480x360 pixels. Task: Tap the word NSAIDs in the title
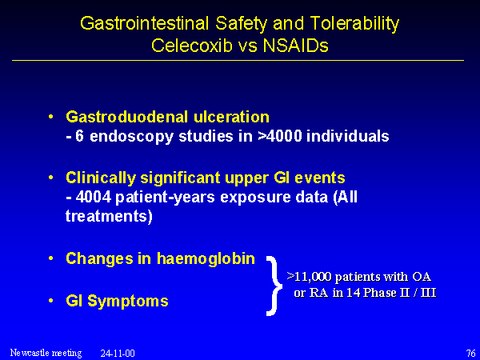click(x=295, y=46)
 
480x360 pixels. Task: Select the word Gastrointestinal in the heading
click(x=145, y=23)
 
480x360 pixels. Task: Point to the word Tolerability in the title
click(x=354, y=24)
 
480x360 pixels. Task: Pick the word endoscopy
click(x=132, y=137)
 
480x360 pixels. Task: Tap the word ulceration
click(x=231, y=117)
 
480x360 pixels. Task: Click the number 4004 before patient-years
click(x=94, y=198)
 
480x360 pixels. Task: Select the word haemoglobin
click(x=206, y=258)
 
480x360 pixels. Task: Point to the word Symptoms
click(x=128, y=302)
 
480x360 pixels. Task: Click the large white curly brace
click(x=274, y=286)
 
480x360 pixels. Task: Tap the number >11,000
click(x=309, y=277)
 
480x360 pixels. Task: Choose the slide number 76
click(x=470, y=354)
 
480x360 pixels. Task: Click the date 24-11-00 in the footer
click(x=118, y=354)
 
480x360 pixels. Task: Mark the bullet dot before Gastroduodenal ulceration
click(x=51, y=117)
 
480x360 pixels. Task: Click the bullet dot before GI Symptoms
click(x=51, y=301)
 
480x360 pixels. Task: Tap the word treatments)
click(x=109, y=217)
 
